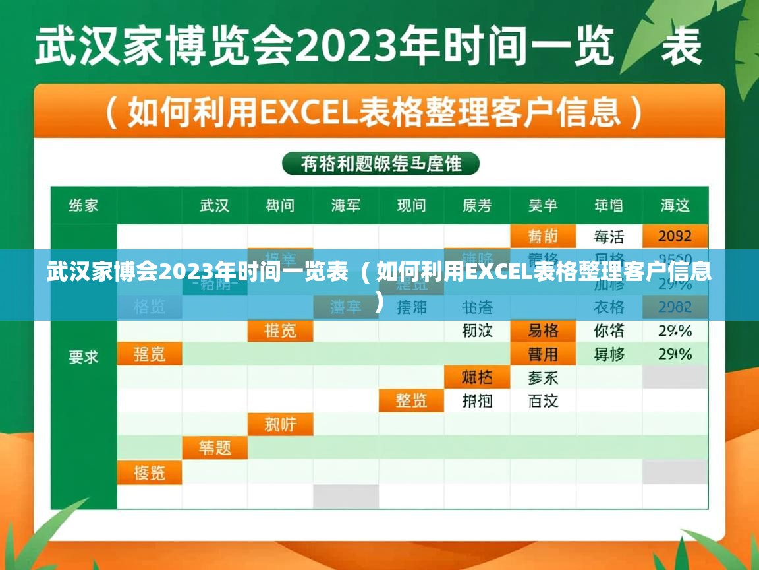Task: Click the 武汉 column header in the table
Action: coord(215,205)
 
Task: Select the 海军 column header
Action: coord(346,205)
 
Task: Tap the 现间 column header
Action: coord(411,205)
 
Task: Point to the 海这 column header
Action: coord(675,205)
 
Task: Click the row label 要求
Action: coord(84,357)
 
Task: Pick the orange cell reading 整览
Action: coord(411,400)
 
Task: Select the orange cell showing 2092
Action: coord(675,236)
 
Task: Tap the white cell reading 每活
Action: coord(609,236)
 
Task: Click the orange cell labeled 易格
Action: coord(543,330)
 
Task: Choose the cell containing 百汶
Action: coord(543,400)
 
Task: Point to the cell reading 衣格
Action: coord(609,307)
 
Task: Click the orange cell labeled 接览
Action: coord(150,472)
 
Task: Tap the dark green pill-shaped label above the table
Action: coord(381,164)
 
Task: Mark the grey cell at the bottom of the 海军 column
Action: coord(346,496)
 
